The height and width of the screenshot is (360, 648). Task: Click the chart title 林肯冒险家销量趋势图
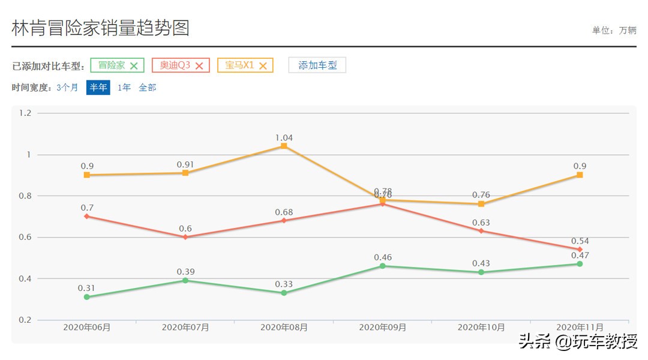click(100, 28)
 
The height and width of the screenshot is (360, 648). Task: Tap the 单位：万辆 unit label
click(614, 31)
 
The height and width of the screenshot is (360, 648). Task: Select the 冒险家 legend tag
click(112, 65)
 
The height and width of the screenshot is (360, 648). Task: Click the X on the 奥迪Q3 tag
click(199, 66)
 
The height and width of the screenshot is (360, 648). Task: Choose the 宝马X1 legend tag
click(240, 65)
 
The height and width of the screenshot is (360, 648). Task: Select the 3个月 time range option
click(67, 88)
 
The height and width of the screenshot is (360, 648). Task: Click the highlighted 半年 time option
click(98, 88)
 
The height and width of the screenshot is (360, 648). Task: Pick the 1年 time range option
click(124, 88)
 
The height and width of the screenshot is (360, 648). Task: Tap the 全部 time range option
click(148, 88)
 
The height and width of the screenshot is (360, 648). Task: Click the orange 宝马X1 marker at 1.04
click(284, 146)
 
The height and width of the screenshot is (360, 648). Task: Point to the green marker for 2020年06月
click(87, 297)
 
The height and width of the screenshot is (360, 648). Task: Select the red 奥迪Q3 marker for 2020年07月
click(185, 237)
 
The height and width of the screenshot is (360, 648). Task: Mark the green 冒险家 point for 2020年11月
click(580, 264)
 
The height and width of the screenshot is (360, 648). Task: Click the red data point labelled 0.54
click(580, 249)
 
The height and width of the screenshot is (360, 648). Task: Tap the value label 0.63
click(481, 223)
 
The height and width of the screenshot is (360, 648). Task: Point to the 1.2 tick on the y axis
click(25, 113)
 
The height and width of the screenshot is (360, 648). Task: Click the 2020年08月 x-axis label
click(284, 328)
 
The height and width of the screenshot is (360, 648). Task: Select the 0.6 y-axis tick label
click(25, 238)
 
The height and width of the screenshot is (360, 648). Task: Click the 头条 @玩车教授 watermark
click(578, 343)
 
